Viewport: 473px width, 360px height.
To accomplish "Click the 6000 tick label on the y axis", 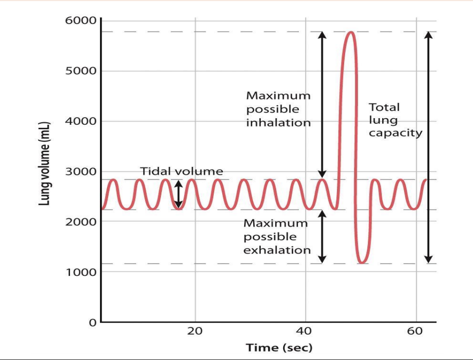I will point(80,21).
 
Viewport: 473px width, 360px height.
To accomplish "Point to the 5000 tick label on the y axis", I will point(80,70).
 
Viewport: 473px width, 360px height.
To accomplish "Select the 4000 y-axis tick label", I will point(80,121).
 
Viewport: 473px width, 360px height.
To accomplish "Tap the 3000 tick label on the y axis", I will point(80,171).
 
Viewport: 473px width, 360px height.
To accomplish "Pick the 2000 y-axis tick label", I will point(80,222).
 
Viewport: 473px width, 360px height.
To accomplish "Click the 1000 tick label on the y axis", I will point(80,272).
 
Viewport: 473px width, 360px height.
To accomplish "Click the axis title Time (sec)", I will point(279,348).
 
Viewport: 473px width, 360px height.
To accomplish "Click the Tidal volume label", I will point(181,171).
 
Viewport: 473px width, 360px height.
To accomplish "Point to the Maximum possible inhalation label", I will point(278,109).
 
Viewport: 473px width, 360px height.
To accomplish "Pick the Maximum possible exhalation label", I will point(277,236).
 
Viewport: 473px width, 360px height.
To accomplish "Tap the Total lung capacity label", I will point(395,120).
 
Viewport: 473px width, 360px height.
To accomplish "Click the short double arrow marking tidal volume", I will point(178,195).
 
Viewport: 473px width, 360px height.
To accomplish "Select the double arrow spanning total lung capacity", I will point(428,147).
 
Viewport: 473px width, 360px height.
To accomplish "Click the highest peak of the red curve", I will point(351,32).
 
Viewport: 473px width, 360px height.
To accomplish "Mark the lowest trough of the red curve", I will point(361,263).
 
